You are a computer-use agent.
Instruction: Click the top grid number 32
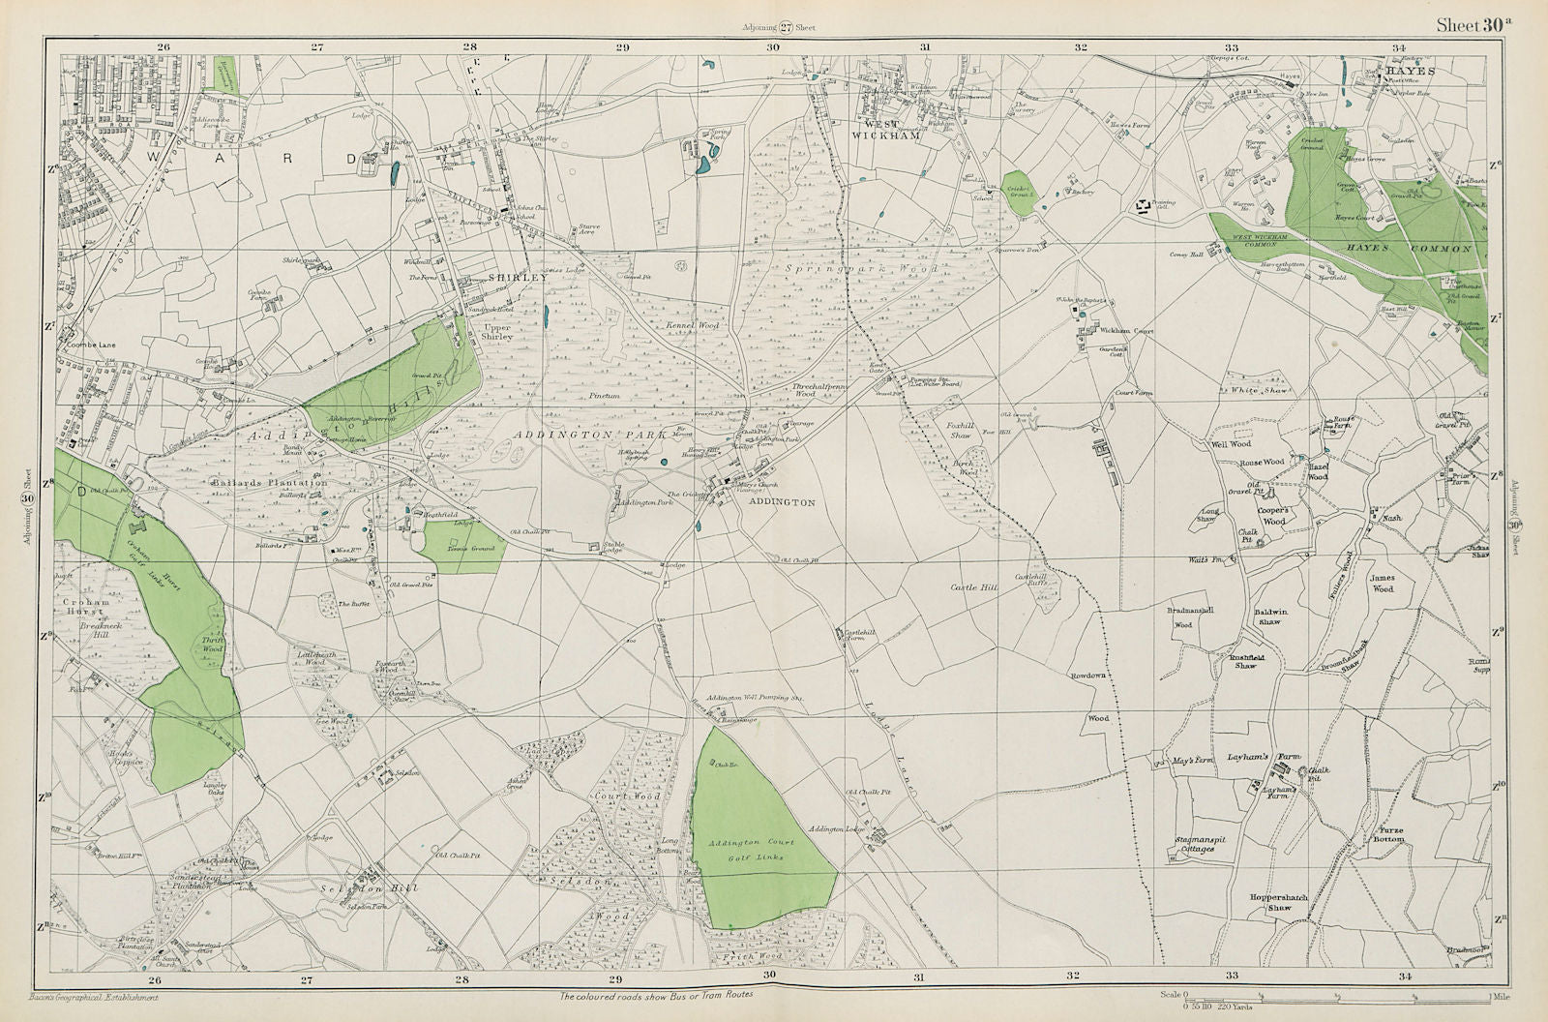click(x=1080, y=46)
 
